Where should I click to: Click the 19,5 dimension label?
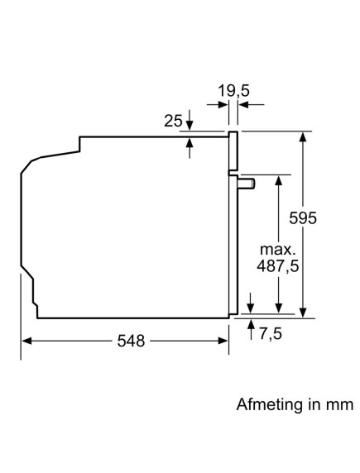[233, 88]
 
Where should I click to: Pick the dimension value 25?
[173, 122]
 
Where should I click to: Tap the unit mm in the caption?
[342, 405]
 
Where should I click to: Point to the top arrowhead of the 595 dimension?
[305, 136]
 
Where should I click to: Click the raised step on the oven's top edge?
[80, 142]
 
